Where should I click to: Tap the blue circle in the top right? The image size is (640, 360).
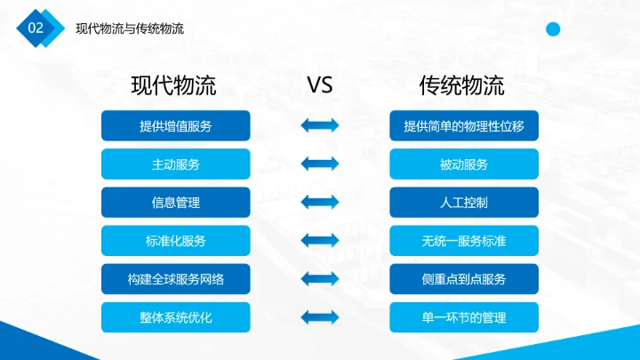[553, 30]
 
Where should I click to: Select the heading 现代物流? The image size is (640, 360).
[173, 86]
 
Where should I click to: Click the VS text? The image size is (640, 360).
[319, 85]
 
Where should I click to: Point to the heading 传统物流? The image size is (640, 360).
[461, 86]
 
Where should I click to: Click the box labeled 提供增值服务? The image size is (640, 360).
[176, 126]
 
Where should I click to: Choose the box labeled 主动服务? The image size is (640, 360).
[176, 164]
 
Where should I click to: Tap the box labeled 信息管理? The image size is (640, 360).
[176, 203]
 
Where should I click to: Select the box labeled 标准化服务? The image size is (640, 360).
[176, 241]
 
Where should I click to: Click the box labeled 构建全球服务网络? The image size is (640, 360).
[176, 279]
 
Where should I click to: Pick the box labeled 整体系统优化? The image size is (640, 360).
[176, 317]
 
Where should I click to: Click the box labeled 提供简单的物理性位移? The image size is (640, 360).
[464, 126]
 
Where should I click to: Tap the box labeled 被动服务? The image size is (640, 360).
[464, 164]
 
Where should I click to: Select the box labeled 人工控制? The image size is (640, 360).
[464, 203]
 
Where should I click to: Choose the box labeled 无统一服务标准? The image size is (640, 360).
[464, 241]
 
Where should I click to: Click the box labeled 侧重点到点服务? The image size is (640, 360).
[464, 279]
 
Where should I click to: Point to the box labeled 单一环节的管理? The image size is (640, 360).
[464, 317]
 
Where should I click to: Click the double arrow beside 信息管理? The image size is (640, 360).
[320, 203]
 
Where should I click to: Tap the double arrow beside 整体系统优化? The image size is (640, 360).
[320, 317]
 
